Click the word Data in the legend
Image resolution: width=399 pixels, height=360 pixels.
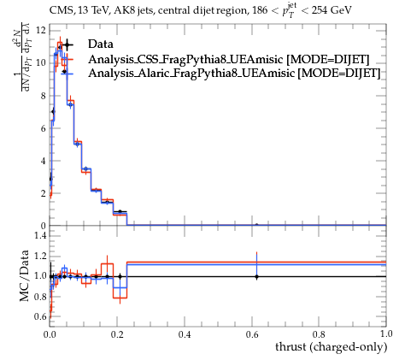[x=101, y=44]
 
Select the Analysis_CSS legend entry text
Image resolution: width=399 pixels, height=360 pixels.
[x=229, y=59]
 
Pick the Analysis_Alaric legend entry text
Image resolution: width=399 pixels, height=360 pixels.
[x=234, y=73]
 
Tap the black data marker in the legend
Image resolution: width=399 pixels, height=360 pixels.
[x=67, y=44]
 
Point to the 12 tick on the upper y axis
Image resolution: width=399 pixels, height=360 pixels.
[x=41, y=30]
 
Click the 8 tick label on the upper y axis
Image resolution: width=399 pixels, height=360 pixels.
[x=43, y=96]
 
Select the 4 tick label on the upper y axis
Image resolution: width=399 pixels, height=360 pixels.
[x=43, y=161]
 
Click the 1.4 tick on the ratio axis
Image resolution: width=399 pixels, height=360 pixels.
[x=40, y=235]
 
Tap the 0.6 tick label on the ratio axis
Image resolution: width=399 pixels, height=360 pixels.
[x=40, y=316]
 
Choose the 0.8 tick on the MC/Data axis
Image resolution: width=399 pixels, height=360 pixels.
[x=40, y=297]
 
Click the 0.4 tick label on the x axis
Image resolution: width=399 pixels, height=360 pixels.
[x=185, y=334]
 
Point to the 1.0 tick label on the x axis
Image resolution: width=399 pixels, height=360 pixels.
[x=386, y=333]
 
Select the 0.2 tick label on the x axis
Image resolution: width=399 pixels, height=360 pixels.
[x=117, y=334]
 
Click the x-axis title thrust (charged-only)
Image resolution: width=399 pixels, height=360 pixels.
[x=331, y=347]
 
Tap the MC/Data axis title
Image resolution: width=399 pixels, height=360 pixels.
[x=25, y=276]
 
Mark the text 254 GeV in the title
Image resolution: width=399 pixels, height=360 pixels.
[x=332, y=10]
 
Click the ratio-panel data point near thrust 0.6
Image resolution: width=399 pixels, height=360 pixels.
[x=256, y=276]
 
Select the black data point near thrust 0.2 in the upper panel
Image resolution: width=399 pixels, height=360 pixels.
[x=120, y=212]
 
